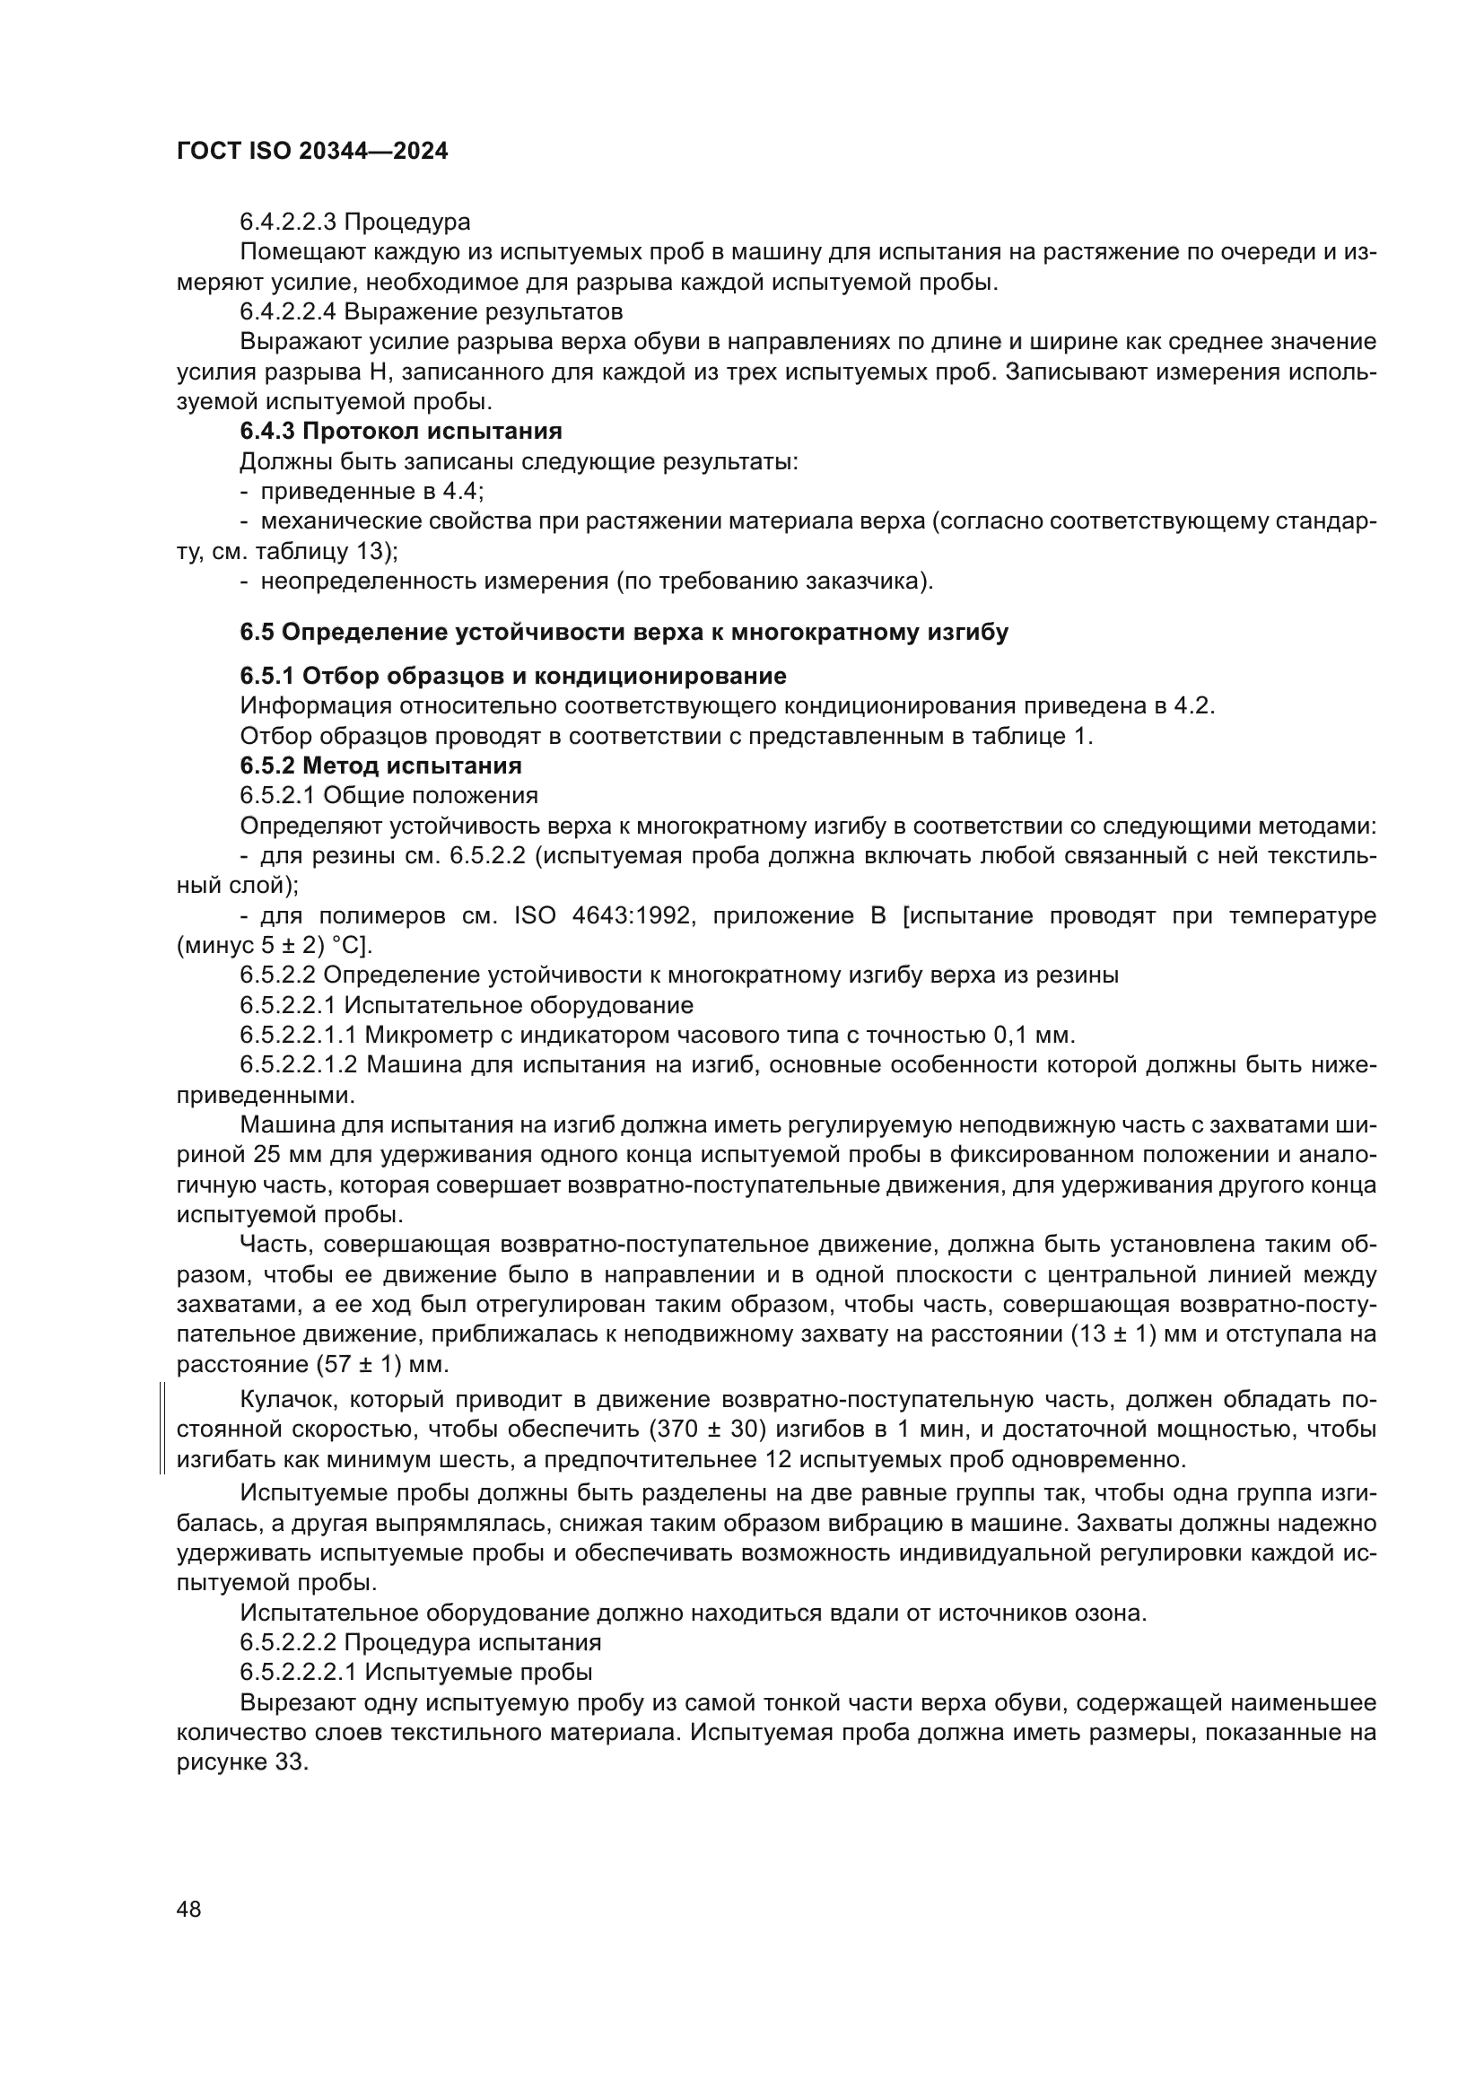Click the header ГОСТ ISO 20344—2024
pos(311,152)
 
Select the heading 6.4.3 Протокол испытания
pos(400,431)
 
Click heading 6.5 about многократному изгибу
pos(624,632)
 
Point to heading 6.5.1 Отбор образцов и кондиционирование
pos(512,676)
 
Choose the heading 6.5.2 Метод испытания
pos(380,765)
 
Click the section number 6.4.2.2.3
pos(288,223)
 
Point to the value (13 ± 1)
pos(1119,1334)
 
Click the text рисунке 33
pos(242,1762)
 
